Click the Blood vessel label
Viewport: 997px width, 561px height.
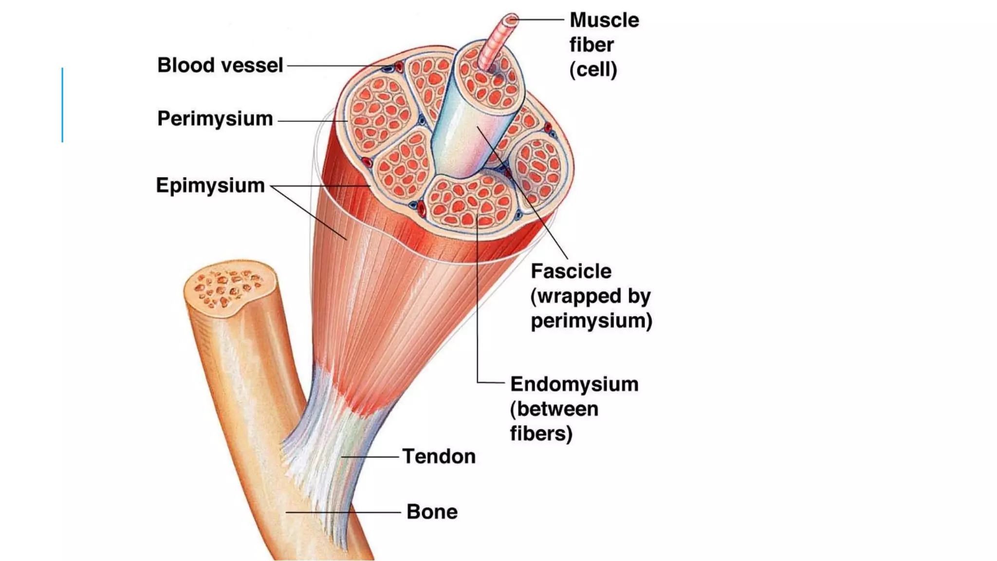click(220, 65)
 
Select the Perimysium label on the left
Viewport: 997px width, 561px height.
click(215, 119)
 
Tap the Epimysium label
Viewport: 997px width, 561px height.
click(210, 186)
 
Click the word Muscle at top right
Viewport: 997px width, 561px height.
click(604, 20)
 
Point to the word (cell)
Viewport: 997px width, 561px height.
click(593, 70)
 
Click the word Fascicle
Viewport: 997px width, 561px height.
click(571, 271)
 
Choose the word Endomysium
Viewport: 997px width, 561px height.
click(574, 384)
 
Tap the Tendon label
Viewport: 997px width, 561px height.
click(439, 457)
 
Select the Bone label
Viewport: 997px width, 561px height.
click(432, 512)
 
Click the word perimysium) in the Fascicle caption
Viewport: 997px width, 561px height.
click(591, 321)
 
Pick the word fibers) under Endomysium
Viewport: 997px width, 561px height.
click(541, 433)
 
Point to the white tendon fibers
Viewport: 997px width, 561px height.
click(321, 438)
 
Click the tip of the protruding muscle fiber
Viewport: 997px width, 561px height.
click(511, 20)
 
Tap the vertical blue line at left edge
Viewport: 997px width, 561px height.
click(62, 105)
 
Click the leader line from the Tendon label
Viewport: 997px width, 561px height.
click(370, 457)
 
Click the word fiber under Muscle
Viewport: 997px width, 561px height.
click(591, 45)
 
